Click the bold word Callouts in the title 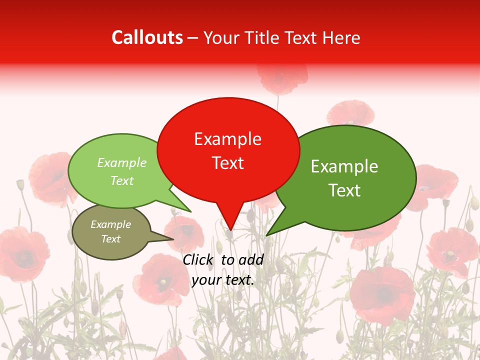(x=147, y=37)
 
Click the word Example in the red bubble (x=227, y=139)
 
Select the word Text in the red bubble (x=227, y=163)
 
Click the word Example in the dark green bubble (x=344, y=166)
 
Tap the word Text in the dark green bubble (x=344, y=190)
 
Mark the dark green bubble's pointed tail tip (x=267, y=234)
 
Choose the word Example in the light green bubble (x=122, y=163)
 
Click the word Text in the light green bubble (x=122, y=180)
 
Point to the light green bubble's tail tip (x=191, y=211)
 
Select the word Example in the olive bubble (x=110, y=224)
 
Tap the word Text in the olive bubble (x=110, y=239)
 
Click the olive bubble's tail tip (x=173, y=239)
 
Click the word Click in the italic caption (x=198, y=259)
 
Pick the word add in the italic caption (x=251, y=259)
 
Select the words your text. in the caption (x=222, y=280)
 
